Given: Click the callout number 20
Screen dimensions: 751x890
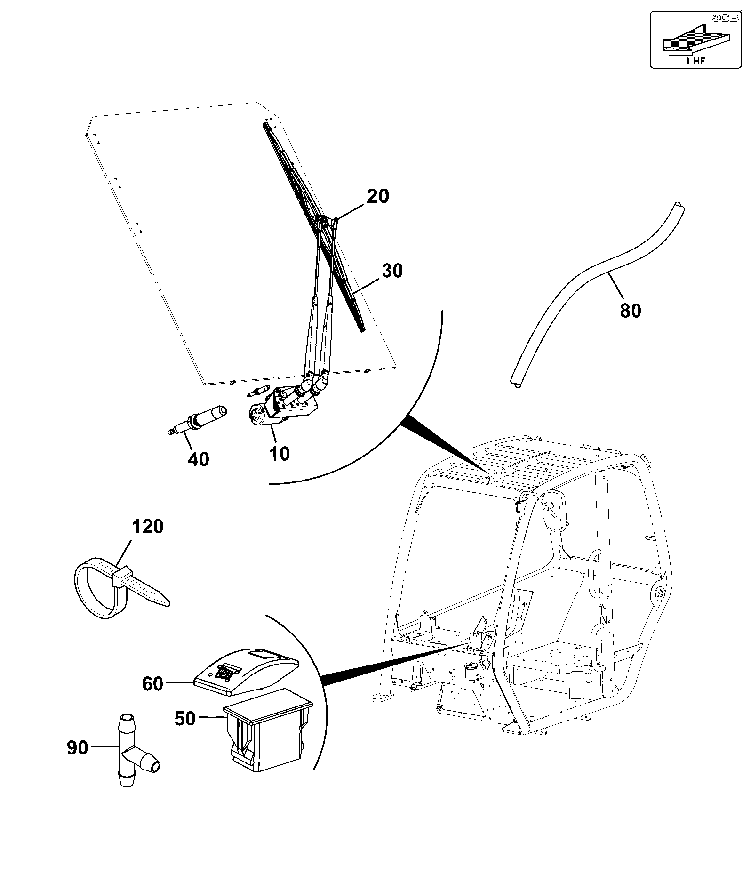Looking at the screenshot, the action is tap(378, 196).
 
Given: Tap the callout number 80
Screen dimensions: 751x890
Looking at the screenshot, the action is tap(631, 311).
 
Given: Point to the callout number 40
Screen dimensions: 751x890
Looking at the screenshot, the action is tap(198, 459).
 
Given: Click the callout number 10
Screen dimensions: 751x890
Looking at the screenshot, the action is tap(280, 453).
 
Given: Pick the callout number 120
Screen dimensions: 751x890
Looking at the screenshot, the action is tap(147, 526).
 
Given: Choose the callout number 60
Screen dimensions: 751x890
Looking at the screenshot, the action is tap(153, 683).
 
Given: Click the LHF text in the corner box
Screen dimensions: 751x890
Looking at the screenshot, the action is tap(696, 60).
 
